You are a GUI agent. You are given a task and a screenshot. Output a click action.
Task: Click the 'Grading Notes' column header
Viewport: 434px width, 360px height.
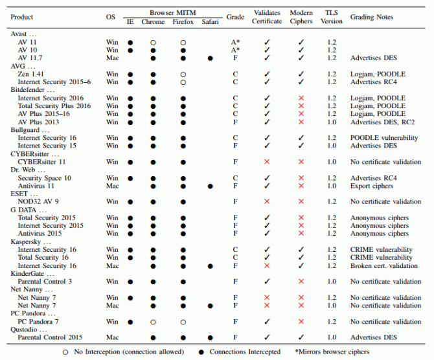[x=372, y=17]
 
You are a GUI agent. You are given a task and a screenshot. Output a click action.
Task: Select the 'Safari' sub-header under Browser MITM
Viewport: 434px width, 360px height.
[x=210, y=22]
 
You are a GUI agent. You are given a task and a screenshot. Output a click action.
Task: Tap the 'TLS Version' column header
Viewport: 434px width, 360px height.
[x=332, y=17]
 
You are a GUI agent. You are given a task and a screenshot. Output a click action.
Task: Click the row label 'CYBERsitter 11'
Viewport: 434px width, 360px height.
[x=42, y=162]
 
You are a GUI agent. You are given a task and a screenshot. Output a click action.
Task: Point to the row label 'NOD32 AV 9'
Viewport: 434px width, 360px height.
[x=38, y=201]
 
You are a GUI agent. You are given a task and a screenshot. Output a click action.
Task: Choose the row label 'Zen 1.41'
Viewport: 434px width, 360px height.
[x=30, y=74]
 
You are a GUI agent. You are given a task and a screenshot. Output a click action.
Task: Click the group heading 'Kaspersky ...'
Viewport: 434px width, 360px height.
[x=30, y=242]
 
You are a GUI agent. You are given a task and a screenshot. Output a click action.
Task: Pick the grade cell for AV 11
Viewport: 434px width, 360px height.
[x=235, y=42]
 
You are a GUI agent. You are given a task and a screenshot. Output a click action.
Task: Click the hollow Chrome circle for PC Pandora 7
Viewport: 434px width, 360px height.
[x=153, y=322]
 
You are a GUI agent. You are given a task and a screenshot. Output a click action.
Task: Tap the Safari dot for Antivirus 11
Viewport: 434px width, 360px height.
[x=210, y=186]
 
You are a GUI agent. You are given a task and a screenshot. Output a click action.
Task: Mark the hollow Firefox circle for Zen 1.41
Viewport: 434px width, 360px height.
[x=183, y=74]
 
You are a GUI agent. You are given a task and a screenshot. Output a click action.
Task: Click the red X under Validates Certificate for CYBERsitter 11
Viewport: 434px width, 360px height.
[x=267, y=162]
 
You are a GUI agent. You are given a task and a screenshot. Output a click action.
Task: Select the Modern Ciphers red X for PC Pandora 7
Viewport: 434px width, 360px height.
[x=301, y=322]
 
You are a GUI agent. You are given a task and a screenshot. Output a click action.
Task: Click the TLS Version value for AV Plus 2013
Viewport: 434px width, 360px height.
[x=332, y=122]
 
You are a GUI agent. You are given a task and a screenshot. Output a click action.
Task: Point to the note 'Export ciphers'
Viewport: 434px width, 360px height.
[x=372, y=186]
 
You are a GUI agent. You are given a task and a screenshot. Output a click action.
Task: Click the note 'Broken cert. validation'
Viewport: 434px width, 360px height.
[x=384, y=266]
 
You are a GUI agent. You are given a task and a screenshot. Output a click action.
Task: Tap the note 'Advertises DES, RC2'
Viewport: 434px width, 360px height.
[x=383, y=122]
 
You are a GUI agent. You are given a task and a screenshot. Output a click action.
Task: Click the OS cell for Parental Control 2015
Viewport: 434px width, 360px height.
[x=112, y=337]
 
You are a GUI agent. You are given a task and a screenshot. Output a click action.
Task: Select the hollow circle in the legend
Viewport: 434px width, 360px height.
[x=65, y=352]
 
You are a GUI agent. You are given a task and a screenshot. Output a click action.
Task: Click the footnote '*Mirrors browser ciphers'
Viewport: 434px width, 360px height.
[x=332, y=352]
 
